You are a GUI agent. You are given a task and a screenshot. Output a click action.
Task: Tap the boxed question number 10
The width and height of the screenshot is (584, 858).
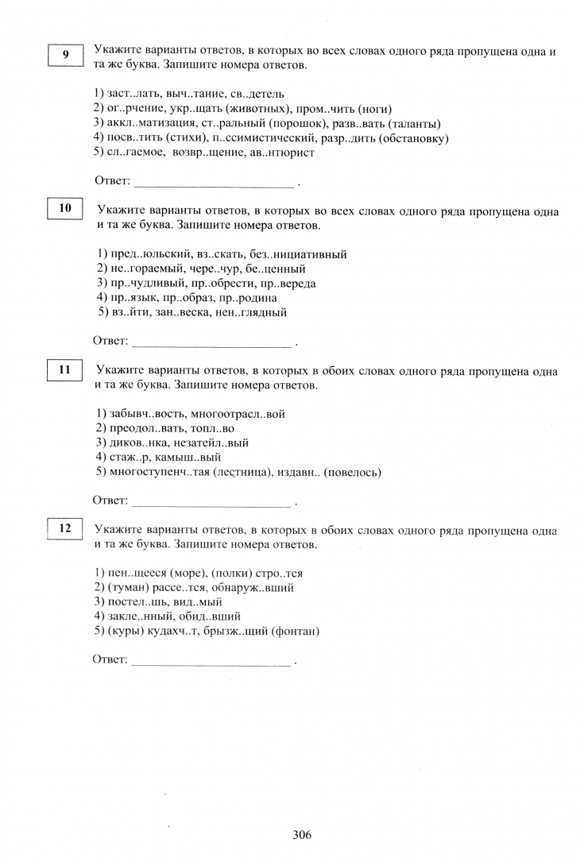coord(65,209)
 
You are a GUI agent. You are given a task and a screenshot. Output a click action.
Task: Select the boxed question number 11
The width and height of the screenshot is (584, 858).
coord(65,369)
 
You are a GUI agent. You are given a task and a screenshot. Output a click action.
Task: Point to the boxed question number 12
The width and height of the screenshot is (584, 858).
coord(65,528)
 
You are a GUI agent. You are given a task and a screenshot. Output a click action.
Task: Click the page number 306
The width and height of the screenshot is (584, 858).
coord(302,835)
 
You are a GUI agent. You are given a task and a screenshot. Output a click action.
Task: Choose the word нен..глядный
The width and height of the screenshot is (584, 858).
coord(251,312)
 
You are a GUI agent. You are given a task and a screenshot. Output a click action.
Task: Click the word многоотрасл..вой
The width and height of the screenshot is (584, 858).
coord(238,414)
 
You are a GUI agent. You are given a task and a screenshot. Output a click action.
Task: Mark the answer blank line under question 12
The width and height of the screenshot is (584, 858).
coord(211,662)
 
